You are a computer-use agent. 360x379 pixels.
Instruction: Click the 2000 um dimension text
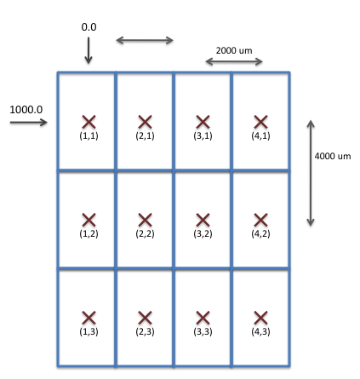[234, 50]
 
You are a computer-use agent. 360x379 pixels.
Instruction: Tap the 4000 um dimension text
[333, 156]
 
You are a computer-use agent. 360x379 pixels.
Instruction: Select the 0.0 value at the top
[89, 27]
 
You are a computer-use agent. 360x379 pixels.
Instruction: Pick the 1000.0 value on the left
[26, 110]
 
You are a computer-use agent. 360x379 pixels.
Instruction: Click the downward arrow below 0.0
[89, 50]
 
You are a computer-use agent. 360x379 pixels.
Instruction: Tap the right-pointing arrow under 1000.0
[29, 123]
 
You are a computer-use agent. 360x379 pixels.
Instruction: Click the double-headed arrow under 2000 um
[234, 61]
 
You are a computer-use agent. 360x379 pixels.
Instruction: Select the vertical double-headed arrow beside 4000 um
[311, 173]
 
